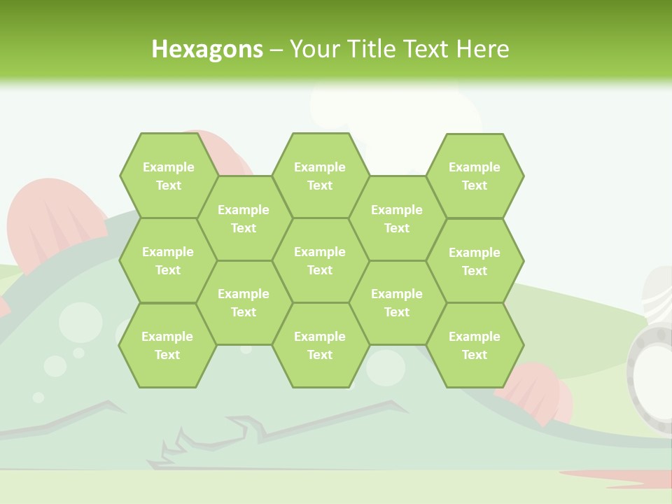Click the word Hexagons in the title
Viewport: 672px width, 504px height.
tap(207, 49)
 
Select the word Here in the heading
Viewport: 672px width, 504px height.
tap(482, 49)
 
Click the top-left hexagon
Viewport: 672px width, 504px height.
tap(168, 176)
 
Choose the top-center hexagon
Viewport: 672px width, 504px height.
tap(320, 176)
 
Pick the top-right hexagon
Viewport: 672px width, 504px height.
tap(475, 176)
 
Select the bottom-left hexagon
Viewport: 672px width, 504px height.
tap(167, 345)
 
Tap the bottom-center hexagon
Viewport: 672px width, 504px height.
tap(320, 345)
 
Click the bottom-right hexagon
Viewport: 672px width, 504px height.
tap(475, 345)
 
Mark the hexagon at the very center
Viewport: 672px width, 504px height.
tap(320, 260)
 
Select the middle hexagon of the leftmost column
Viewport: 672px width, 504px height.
tap(168, 260)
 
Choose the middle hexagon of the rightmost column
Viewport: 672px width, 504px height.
tap(475, 261)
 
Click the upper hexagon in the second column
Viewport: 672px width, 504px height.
tap(244, 218)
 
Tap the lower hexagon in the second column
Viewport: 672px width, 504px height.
tap(244, 302)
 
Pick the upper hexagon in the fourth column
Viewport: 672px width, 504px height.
tap(397, 218)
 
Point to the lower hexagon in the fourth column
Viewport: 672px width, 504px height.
tap(397, 302)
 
